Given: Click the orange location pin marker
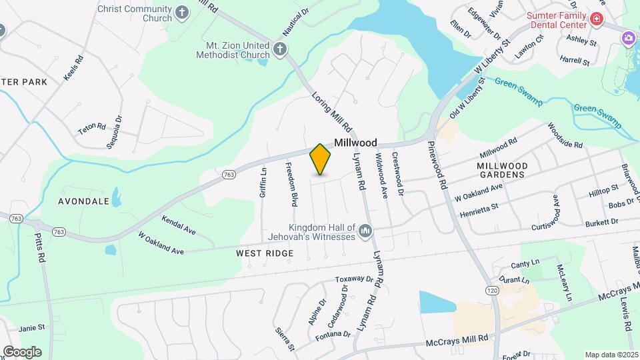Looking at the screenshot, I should click(x=320, y=159).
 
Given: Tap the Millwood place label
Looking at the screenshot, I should click(x=355, y=143).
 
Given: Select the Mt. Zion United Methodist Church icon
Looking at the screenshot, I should click(x=281, y=48).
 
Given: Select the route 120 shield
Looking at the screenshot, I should click(x=492, y=291).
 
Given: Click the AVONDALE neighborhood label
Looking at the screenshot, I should click(x=83, y=201).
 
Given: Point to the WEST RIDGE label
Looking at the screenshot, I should click(x=265, y=253).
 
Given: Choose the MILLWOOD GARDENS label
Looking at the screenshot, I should click(x=502, y=170).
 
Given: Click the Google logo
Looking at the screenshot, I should click(x=21, y=351).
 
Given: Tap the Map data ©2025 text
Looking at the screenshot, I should click(x=611, y=355).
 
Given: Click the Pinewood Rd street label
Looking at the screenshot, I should click(x=437, y=165).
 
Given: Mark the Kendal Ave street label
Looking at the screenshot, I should click(x=178, y=225).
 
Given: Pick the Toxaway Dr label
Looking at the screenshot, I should click(x=353, y=279).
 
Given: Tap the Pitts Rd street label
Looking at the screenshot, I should click(x=41, y=247).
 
